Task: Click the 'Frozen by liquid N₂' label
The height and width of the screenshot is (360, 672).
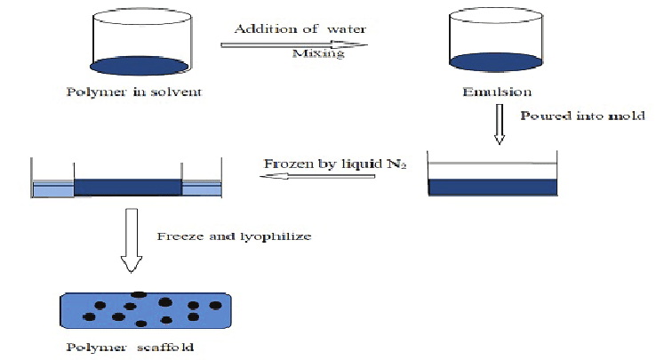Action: [334, 164]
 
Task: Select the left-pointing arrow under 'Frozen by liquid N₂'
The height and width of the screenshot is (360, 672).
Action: [316, 176]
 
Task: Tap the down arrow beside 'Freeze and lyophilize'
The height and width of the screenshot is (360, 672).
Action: [131, 240]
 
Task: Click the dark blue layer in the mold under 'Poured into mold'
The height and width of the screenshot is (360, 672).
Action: [492, 187]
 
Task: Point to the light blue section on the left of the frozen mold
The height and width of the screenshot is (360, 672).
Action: [52, 188]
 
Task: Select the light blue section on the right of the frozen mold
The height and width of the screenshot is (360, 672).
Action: [200, 188]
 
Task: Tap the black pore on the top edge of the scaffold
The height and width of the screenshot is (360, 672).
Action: [139, 294]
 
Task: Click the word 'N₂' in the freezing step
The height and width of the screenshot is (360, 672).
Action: [397, 165]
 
